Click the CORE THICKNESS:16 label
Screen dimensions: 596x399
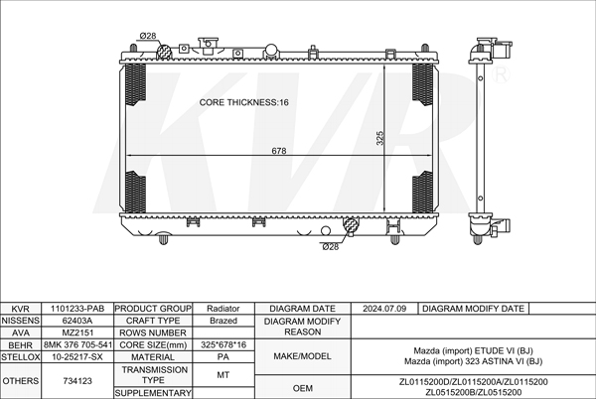(x=243, y=102)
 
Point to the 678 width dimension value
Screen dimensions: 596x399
(x=278, y=151)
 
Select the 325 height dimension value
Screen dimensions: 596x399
(x=379, y=138)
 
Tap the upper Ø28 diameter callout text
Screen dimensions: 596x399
(x=148, y=36)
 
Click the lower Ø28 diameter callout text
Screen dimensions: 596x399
(x=331, y=247)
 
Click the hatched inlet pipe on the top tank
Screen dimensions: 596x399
(x=164, y=52)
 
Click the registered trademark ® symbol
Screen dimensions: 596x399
(x=501, y=74)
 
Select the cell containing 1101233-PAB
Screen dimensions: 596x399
(x=77, y=309)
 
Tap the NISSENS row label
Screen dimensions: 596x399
(x=21, y=321)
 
